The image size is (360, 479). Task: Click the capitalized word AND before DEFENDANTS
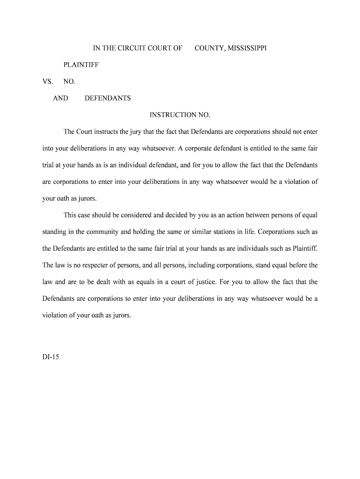coord(60,98)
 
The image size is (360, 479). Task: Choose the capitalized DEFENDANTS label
coord(108,98)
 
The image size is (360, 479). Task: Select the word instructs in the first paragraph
coord(106,132)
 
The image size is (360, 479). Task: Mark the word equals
coord(137,282)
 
